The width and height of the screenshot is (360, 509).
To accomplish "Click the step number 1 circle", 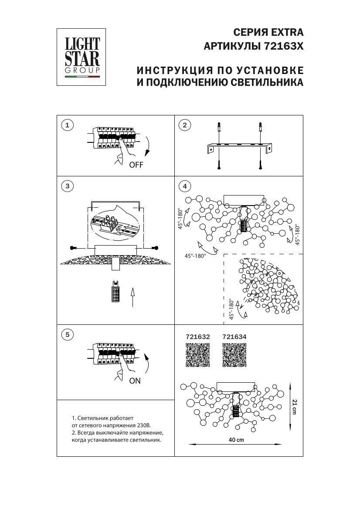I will [67, 125].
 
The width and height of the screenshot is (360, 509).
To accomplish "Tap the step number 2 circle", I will [185, 125].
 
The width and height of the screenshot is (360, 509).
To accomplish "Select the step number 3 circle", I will [67, 186].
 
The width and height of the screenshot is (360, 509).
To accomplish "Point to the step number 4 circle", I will [185, 186].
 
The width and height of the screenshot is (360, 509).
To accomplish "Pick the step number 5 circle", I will [67, 334].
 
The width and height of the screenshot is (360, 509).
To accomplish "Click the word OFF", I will [136, 165].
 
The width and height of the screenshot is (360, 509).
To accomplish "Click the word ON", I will [135, 381].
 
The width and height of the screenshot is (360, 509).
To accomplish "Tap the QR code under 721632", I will [198, 355].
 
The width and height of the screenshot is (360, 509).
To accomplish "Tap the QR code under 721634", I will [234, 355].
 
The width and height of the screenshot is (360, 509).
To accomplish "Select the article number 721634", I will [234, 337].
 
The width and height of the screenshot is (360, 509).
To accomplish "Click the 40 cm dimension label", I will [236, 440].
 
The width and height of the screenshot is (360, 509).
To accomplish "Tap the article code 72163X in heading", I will [284, 47].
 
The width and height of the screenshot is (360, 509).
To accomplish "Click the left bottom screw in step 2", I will [218, 165].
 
